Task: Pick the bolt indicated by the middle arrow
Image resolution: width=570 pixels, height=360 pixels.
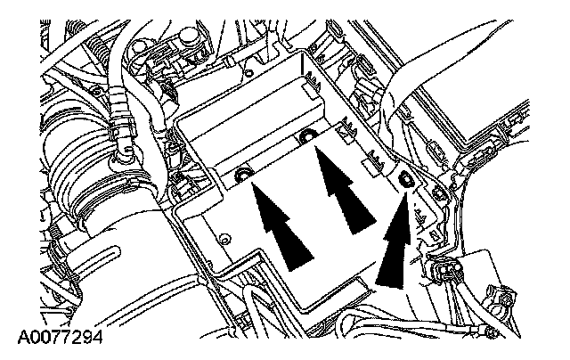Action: coord(307,135)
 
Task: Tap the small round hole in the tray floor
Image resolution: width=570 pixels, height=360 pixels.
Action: coord(224,238)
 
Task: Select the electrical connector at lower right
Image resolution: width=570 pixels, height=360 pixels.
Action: coord(444,267)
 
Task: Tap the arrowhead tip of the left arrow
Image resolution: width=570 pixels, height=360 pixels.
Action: coord(255,184)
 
